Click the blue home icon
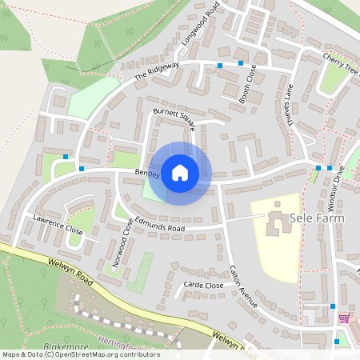point(180,173)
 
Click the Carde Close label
point(203,285)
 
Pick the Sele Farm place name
point(320,216)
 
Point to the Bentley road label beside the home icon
point(148,172)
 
